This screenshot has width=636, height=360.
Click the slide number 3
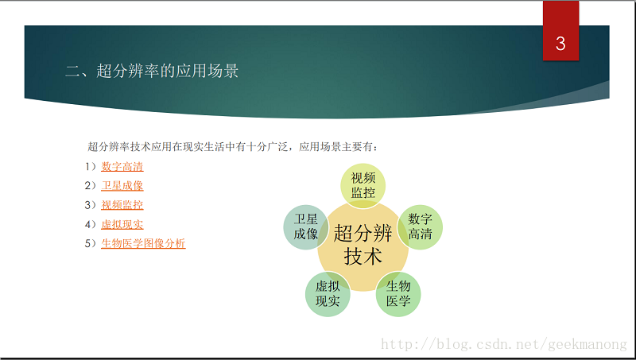(x=560, y=44)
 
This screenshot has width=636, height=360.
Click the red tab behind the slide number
(x=560, y=31)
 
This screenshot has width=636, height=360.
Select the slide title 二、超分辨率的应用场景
(x=152, y=71)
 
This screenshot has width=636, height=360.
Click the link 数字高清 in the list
(x=122, y=166)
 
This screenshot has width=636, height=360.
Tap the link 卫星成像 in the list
(x=122, y=185)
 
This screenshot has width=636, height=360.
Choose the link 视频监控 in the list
(x=122, y=205)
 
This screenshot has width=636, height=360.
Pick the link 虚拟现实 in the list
(x=122, y=224)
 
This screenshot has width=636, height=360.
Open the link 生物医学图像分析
(x=143, y=243)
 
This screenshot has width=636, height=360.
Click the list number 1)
(x=91, y=166)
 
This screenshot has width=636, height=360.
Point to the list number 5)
(x=91, y=243)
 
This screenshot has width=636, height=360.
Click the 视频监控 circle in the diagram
(x=363, y=186)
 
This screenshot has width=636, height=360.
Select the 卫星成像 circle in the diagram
(x=306, y=227)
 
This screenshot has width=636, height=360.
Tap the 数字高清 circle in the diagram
(x=421, y=227)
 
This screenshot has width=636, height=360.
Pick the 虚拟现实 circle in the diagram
(x=328, y=294)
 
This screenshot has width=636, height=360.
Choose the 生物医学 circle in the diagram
(x=398, y=294)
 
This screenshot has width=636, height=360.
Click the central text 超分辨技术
(x=363, y=245)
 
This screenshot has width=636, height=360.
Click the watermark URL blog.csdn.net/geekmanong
(x=504, y=345)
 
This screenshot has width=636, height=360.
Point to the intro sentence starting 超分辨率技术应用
(x=232, y=147)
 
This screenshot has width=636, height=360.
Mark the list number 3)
(x=91, y=205)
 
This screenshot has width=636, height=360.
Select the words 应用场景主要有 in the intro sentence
(x=335, y=147)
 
